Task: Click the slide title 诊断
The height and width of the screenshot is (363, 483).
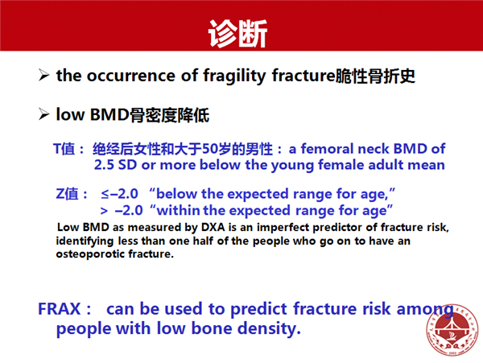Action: pos(237,34)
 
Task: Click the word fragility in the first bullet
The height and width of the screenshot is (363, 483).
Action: pos(234,76)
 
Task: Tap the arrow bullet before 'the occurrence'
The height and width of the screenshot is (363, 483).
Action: pos(44,75)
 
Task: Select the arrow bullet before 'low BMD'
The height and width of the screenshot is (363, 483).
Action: pos(44,114)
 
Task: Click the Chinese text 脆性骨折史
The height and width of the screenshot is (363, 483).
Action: pos(375,76)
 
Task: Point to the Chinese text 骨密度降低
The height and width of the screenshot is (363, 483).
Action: pos(169,115)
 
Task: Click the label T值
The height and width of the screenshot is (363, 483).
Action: pos(64,149)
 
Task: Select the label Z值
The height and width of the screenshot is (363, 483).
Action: pos(67,194)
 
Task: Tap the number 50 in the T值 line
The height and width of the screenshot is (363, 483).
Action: pos(209,149)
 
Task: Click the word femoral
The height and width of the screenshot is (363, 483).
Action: pos(328,149)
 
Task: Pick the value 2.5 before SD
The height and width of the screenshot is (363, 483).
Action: pos(104,165)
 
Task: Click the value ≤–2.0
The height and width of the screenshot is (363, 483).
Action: pos(119,194)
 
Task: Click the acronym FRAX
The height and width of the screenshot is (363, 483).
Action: pos(59,309)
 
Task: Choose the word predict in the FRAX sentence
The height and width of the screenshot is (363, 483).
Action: pos(259,309)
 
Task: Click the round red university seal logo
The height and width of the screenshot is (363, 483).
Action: pos(452,329)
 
